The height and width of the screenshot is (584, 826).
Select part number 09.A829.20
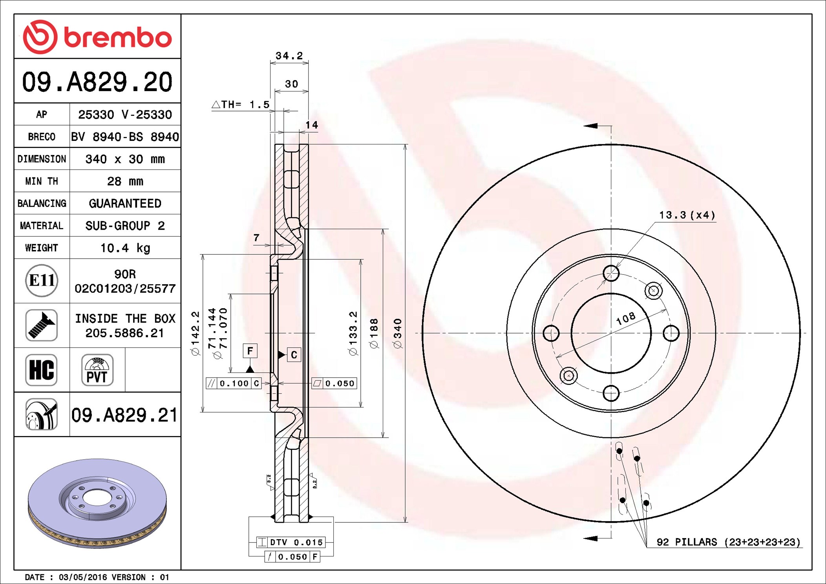97,82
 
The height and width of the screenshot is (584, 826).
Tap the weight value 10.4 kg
125,248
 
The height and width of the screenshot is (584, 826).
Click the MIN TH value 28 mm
125,181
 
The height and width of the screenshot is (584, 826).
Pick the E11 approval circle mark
42,281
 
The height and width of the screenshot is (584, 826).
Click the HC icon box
42,370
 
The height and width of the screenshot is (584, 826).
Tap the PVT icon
97,370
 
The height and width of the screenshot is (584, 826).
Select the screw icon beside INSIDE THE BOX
42,325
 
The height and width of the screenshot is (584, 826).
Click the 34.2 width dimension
289,56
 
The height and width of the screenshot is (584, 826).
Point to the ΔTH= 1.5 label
241,104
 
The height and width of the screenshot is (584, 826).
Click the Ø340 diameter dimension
398,333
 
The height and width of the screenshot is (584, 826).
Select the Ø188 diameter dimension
374,333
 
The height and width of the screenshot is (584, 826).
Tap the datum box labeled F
250,350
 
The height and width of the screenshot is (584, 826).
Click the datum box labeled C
294,355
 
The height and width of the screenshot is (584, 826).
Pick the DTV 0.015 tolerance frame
291,542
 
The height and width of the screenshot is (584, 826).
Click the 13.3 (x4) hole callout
687,215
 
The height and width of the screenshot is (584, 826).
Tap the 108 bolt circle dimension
625,318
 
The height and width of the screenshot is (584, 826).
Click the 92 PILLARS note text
728,542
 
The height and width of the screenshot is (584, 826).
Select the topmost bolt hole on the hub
611,273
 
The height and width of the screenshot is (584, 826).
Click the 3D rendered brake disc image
97,502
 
